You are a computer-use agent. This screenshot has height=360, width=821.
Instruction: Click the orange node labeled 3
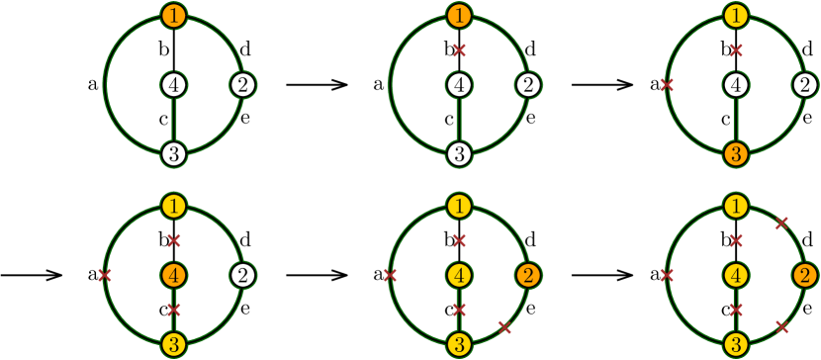(735, 154)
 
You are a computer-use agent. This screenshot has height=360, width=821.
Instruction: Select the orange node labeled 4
(174, 275)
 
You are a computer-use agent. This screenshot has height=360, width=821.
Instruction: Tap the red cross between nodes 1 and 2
(780, 224)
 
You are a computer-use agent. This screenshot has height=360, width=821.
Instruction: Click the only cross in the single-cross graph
(459, 50)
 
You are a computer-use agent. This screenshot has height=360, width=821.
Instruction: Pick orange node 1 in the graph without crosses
(174, 16)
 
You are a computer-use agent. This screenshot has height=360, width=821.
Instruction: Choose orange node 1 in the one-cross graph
(459, 16)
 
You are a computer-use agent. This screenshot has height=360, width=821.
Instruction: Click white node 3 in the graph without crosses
(174, 154)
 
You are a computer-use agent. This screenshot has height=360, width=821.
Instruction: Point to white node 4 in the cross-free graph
(174, 86)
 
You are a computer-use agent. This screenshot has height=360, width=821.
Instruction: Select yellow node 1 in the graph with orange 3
(735, 16)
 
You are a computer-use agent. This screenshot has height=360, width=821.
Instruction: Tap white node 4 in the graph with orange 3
(735, 86)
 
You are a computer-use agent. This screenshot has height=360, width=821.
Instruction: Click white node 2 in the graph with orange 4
(242, 275)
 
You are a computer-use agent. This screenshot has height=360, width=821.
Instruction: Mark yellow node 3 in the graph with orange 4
(174, 344)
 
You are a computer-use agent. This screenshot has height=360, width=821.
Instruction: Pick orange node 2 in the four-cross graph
(527, 275)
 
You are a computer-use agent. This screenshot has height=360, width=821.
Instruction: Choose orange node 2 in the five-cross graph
(804, 275)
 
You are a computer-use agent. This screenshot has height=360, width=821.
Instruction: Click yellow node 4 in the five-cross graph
(735, 275)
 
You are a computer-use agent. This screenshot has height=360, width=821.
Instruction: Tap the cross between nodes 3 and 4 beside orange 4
(174, 310)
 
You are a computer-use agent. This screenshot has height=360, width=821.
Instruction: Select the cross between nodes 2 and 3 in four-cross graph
(504, 326)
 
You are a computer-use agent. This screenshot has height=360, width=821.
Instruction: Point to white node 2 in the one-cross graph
(527, 86)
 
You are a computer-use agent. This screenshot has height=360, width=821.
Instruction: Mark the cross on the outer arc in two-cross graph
(667, 86)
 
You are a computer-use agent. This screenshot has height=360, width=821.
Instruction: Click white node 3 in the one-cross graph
(459, 154)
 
